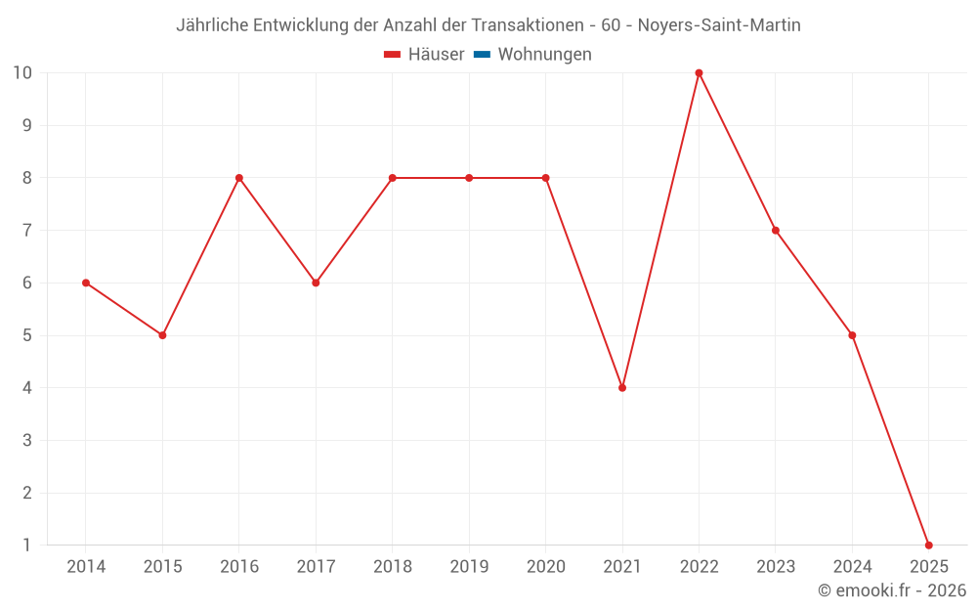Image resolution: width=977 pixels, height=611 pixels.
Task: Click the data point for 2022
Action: [x=699, y=73]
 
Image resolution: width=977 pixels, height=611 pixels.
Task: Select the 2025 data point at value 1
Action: [x=928, y=545]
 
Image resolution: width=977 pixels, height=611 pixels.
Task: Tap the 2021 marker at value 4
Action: [x=622, y=388]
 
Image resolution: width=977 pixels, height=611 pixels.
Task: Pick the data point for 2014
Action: [x=86, y=283]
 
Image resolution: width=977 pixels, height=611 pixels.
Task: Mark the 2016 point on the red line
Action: [x=239, y=178]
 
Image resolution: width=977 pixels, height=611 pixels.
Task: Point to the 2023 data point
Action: [x=776, y=231]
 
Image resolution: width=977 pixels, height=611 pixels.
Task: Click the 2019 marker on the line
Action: [x=469, y=178]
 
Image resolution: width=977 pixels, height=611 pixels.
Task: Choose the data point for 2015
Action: [x=162, y=335]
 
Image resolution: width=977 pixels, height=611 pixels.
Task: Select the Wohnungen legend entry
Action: [x=544, y=55]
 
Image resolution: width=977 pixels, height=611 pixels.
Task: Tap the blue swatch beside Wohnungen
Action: [x=482, y=55]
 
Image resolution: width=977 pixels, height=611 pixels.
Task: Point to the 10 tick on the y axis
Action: [x=22, y=73]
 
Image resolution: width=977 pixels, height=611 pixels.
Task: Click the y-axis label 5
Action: [x=27, y=335]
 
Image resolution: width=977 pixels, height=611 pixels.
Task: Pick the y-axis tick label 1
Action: [x=27, y=545]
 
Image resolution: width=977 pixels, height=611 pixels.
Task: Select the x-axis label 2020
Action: [x=545, y=567]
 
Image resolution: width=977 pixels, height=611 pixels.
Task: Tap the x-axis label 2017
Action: [x=316, y=567]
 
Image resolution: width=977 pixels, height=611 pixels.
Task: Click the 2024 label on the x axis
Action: [x=852, y=567]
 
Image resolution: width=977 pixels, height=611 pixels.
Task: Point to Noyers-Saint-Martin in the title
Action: [x=719, y=25]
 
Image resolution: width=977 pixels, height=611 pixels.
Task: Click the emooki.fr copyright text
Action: [x=892, y=590]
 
